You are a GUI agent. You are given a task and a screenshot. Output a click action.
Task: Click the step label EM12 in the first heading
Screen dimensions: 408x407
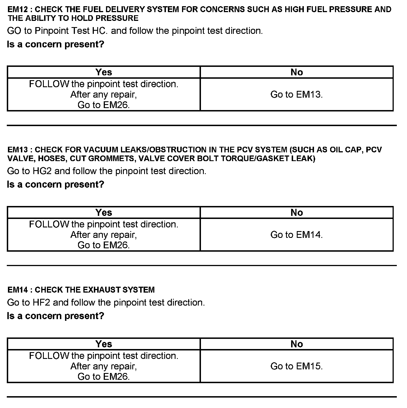pos(18,9)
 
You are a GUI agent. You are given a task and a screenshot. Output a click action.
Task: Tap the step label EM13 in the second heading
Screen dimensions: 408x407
pos(18,150)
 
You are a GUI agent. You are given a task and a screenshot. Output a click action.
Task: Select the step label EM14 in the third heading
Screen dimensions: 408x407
pos(18,290)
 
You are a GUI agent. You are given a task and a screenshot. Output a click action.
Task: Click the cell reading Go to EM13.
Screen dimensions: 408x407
pos(296,94)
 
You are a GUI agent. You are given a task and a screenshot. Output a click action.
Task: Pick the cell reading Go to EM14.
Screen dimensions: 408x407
pos(296,234)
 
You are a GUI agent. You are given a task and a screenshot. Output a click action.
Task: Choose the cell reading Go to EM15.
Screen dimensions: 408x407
pos(296,366)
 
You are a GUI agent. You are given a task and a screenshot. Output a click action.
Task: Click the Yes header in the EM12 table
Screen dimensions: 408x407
pos(104,72)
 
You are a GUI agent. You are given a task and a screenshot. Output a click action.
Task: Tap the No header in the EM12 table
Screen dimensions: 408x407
pos(296,72)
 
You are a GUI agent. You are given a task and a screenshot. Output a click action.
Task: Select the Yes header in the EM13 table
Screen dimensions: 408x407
pos(104,212)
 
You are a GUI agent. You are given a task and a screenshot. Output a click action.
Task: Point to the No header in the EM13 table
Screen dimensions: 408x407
pos(296,212)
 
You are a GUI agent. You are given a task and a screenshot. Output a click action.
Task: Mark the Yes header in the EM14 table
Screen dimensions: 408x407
pos(104,344)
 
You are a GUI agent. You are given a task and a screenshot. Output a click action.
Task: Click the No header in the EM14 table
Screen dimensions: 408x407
pos(296,344)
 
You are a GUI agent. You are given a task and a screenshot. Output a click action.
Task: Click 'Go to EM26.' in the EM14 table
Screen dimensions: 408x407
pos(104,376)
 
